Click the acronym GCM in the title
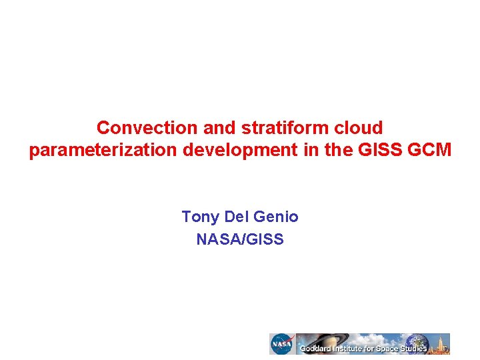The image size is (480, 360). point(429,151)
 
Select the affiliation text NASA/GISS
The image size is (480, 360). point(240,239)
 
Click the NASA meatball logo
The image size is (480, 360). point(281,344)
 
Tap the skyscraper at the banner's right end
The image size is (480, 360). point(441,343)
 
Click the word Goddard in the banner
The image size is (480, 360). point(317,349)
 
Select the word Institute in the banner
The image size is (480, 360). point(351,349)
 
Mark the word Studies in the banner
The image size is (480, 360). point(415,349)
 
